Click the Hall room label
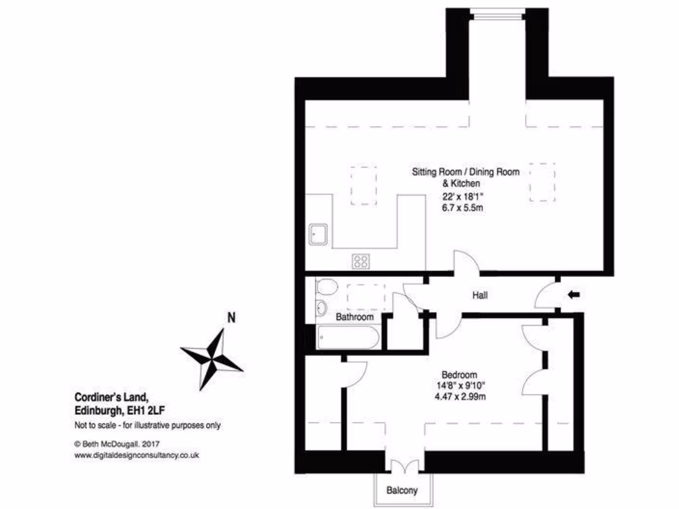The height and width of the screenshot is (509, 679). coord(480,295)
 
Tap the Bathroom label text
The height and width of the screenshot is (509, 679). coord(354,317)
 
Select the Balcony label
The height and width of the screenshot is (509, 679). coord(402,491)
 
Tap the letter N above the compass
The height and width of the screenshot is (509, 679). coord(231,317)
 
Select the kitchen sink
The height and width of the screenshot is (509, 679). coord(318,234)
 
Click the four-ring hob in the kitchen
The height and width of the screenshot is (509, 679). coord(361,261)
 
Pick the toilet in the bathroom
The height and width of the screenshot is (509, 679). coord(325,287)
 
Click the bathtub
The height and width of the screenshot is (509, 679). coord(347,339)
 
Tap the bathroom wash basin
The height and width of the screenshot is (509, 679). coord(320,308)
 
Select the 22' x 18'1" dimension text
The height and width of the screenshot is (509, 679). coord(463,196)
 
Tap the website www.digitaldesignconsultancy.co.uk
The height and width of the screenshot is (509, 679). coord(137,455)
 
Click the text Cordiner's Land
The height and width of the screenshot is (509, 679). coord(110,398)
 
